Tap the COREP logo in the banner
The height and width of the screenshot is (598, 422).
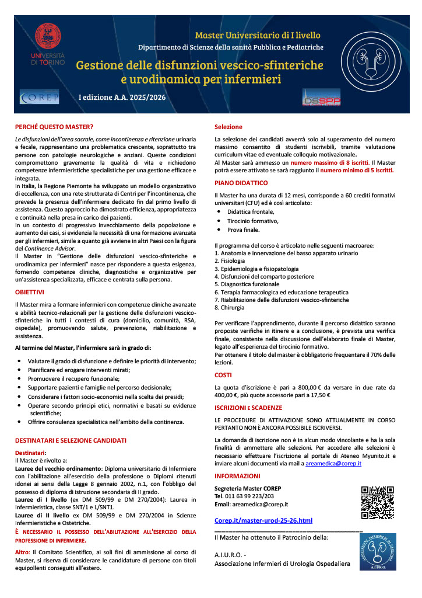[39, 97]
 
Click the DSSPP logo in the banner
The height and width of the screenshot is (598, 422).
[321, 98]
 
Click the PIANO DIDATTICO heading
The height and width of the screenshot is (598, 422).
[241, 183]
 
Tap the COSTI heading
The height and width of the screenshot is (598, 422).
[223, 374]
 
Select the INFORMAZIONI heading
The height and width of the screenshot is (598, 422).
[237, 477]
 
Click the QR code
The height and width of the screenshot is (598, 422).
[377, 502]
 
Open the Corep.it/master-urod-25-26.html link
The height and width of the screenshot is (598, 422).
[263, 520]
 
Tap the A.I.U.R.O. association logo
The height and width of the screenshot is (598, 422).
[377, 552]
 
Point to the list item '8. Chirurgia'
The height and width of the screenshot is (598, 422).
[230, 307]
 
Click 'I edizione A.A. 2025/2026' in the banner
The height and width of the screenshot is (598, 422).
[122, 97]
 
